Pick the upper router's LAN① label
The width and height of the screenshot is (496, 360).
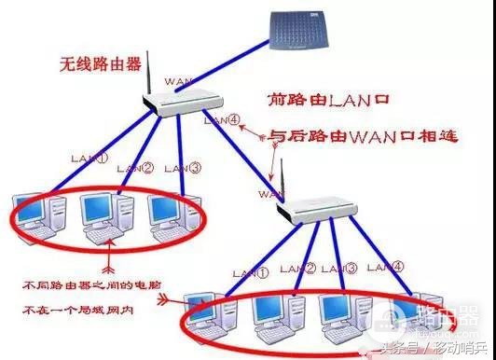[91, 160]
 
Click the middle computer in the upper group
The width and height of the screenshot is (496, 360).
[103, 216]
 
